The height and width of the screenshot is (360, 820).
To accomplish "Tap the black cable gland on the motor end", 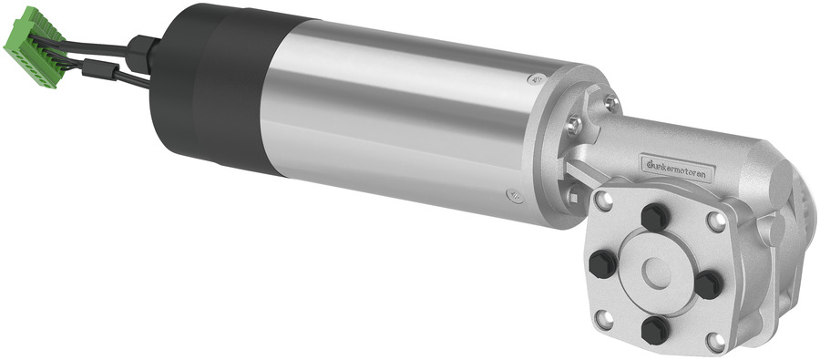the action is click(142, 54).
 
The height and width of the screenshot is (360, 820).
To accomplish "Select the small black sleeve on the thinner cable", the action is click(99, 69).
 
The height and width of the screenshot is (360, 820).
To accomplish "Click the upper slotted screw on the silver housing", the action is click(535, 79).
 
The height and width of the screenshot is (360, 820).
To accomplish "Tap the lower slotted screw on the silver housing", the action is click(515, 196).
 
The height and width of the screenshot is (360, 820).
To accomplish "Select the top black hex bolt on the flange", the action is click(655, 217).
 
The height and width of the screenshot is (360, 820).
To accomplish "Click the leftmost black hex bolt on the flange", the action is click(603, 263).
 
